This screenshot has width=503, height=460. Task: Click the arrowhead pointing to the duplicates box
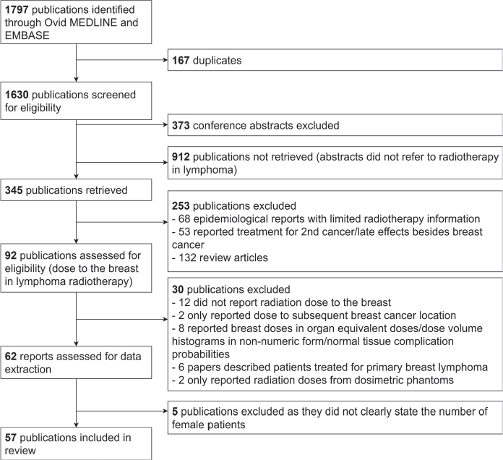pos(164,61)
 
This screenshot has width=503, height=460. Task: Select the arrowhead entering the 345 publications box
pos(76,178)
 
